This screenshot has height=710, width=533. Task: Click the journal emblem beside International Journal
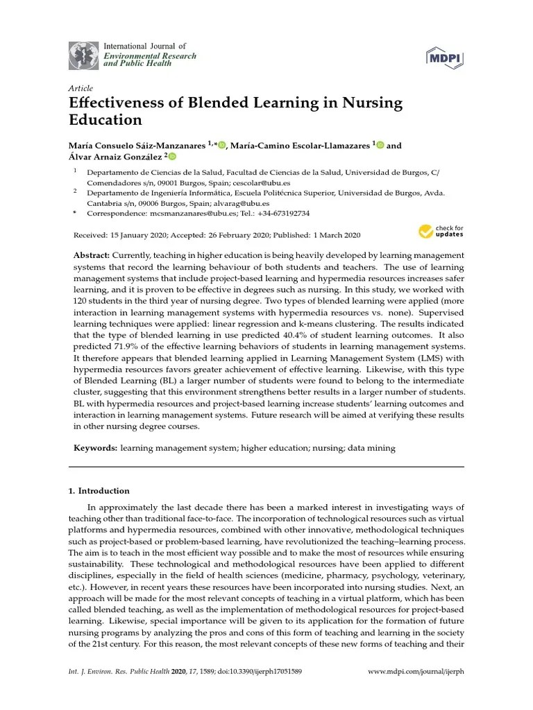click(83, 55)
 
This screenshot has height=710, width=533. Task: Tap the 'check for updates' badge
click(441, 232)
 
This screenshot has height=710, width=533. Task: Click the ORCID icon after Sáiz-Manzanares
click(222, 145)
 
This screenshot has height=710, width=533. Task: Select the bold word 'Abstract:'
click(92, 256)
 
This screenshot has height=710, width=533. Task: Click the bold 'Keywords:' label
click(96, 449)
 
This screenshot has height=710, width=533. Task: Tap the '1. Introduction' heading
click(99, 491)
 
